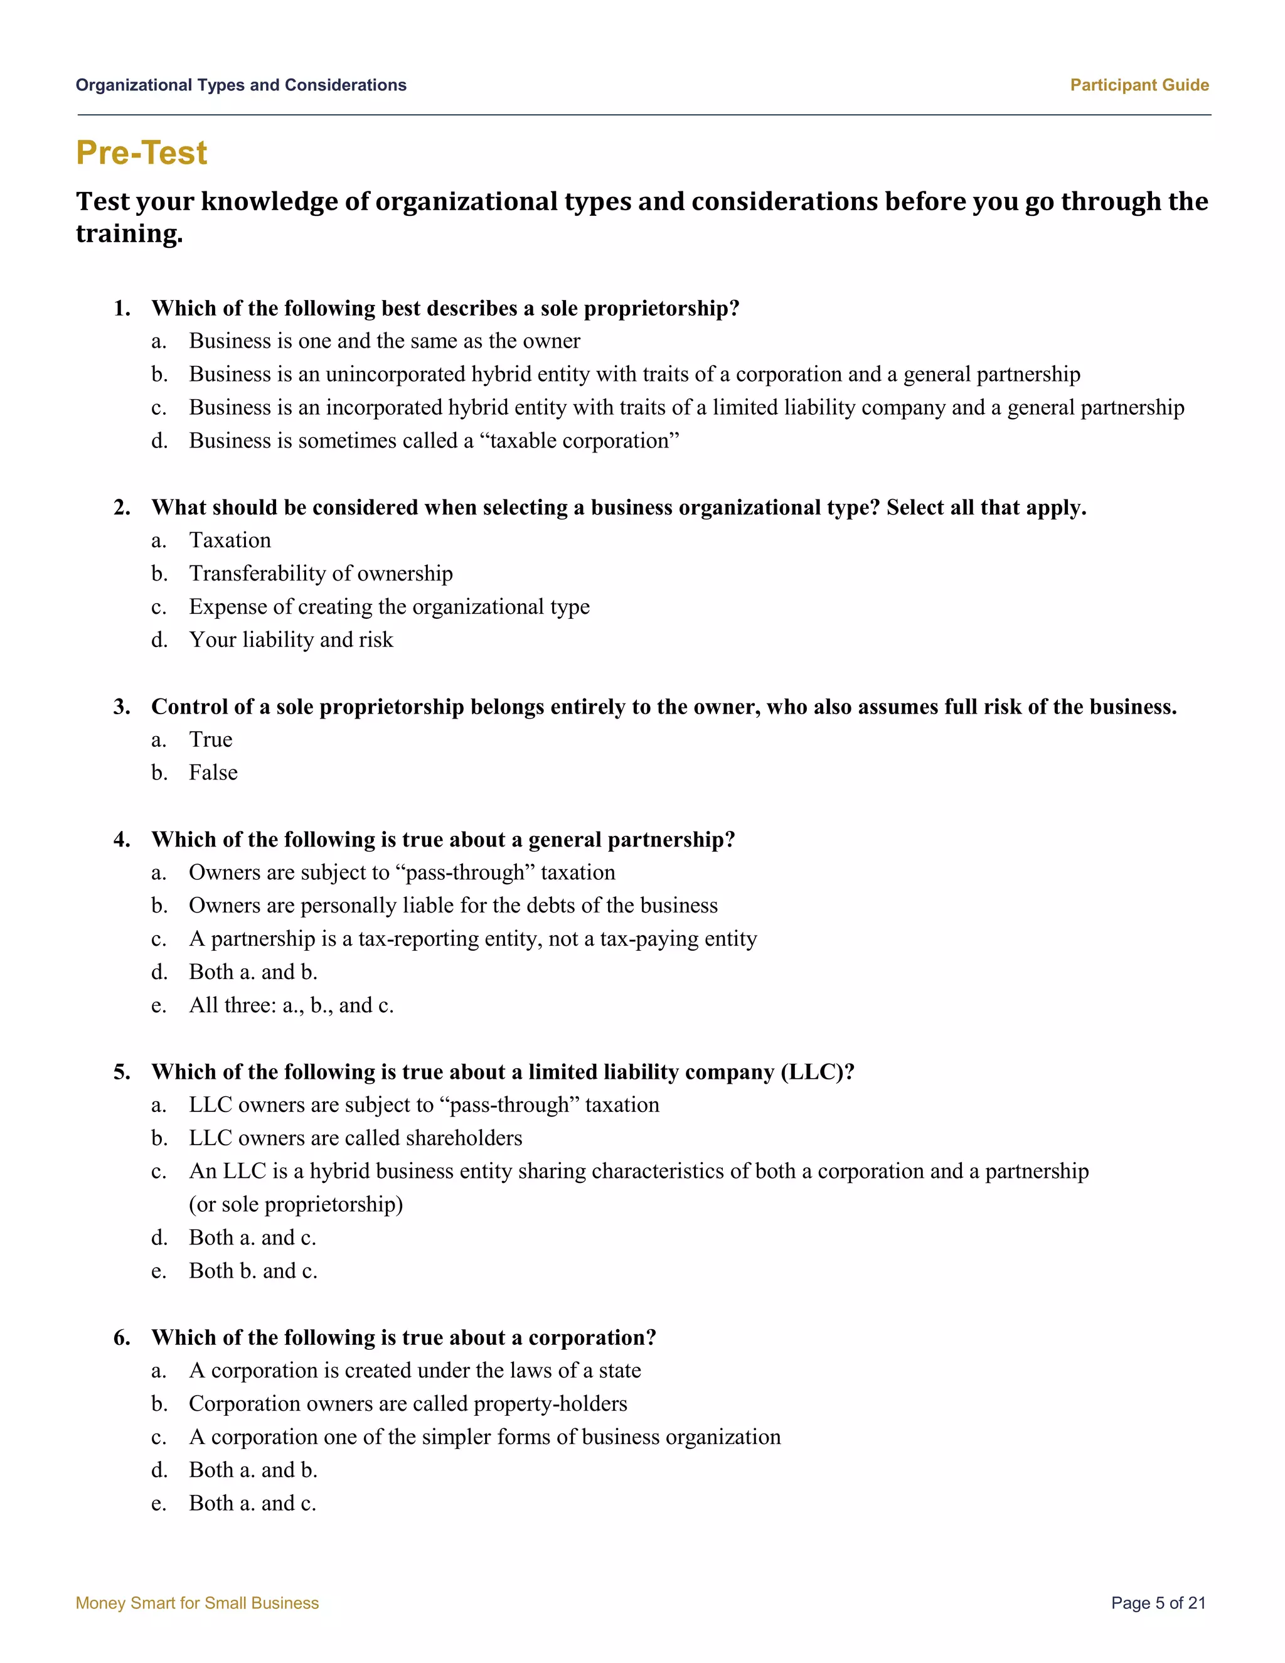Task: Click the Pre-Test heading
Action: tap(142, 153)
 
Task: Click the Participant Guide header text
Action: tap(1139, 85)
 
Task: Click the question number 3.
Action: tap(122, 707)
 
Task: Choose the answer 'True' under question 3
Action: tap(211, 739)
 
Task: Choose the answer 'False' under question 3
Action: tap(213, 773)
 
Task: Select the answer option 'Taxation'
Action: tap(230, 540)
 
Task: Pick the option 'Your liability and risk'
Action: tap(291, 639)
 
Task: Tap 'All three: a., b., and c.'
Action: tap(291, 1005)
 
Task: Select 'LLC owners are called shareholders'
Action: tap(356, 1138)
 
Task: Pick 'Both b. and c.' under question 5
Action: tap(253, 1271)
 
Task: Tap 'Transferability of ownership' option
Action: tap(321, 574)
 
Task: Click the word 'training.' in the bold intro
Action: tap(129, 234)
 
